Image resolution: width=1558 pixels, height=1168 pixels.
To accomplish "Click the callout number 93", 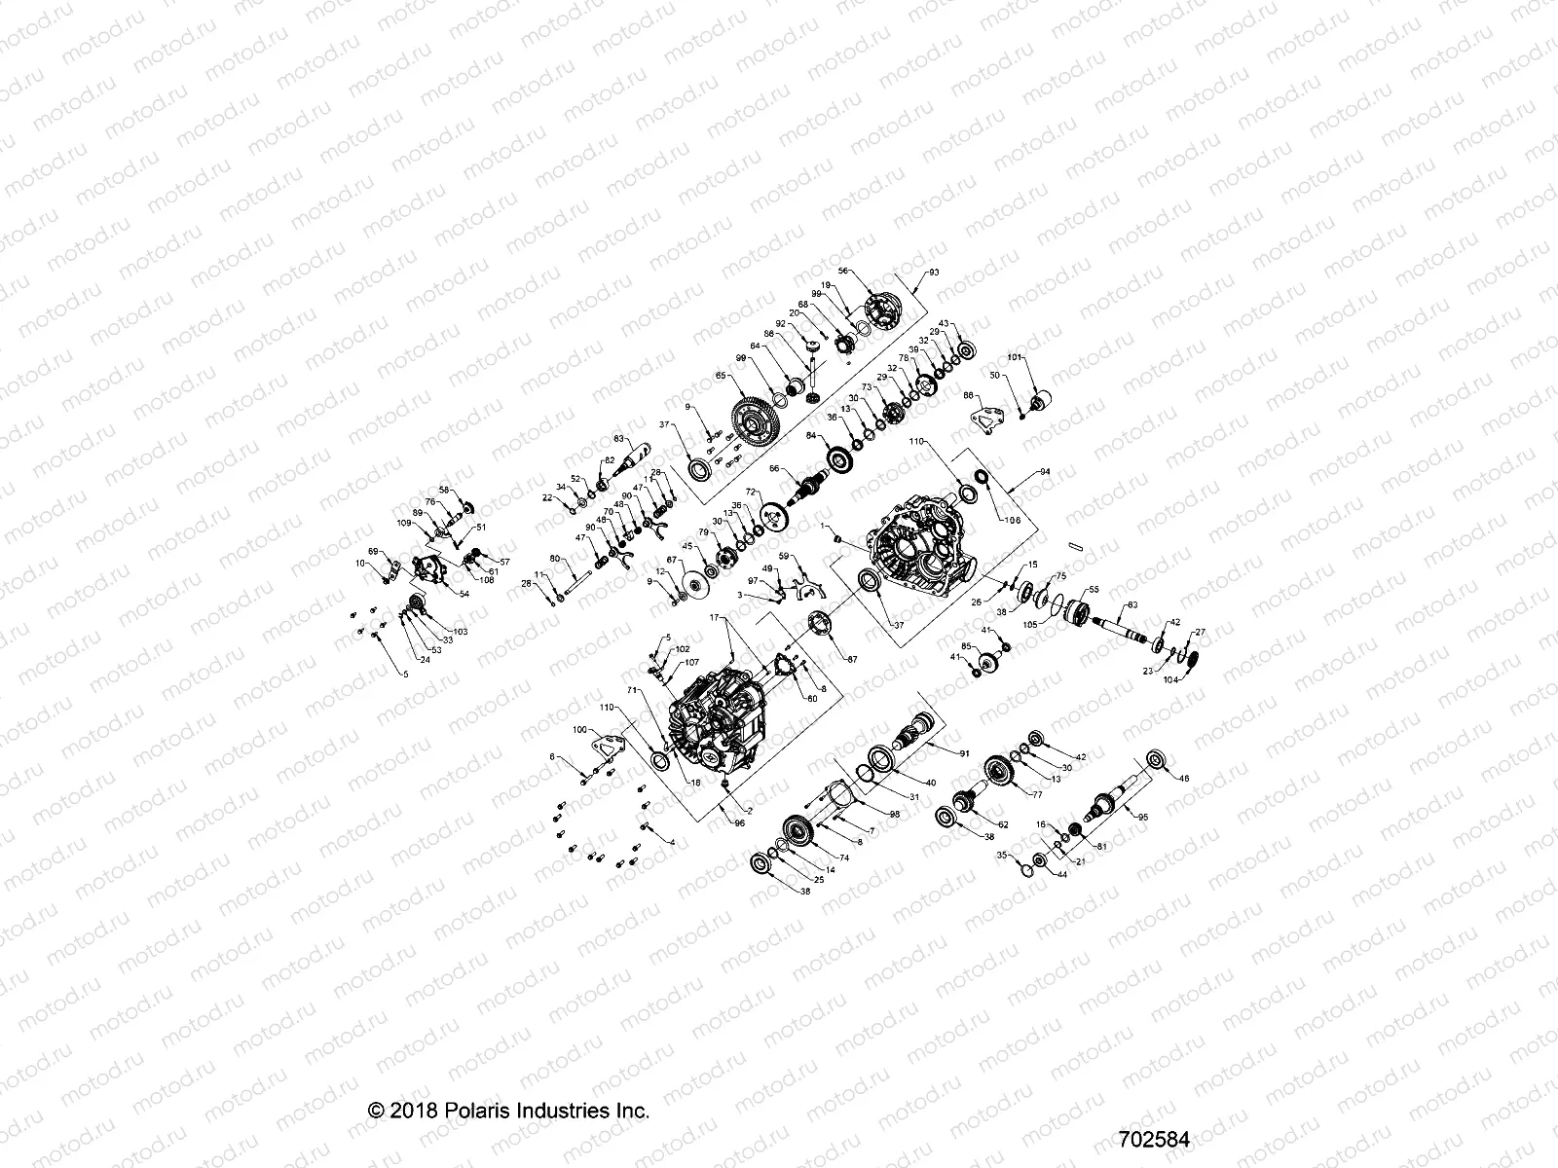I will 936,274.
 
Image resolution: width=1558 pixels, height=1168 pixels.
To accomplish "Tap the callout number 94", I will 1046,471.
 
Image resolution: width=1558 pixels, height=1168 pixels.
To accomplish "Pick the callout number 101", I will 1014,358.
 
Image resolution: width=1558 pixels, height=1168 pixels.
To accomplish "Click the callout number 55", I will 1094,590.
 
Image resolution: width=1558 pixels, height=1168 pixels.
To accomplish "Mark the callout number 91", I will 965,752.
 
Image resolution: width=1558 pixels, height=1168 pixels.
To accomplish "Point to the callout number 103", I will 460,632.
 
